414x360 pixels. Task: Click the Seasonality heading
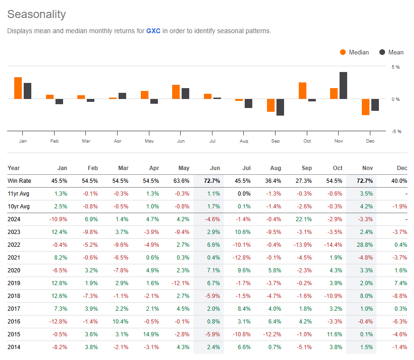click(37, 14)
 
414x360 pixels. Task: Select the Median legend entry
click(354, 52)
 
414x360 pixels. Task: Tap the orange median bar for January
click(18, 88)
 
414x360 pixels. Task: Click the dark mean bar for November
click(343, 86)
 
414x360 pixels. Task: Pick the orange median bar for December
click(366, 107)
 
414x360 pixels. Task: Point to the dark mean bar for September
click(280, 107)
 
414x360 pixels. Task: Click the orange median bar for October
click(303, 91)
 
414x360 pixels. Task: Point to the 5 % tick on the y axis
click(395, 67)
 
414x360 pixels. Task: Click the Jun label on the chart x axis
click(181, 141)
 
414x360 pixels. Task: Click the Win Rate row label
click(19, 181)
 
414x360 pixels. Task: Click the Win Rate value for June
click(212, 181)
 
